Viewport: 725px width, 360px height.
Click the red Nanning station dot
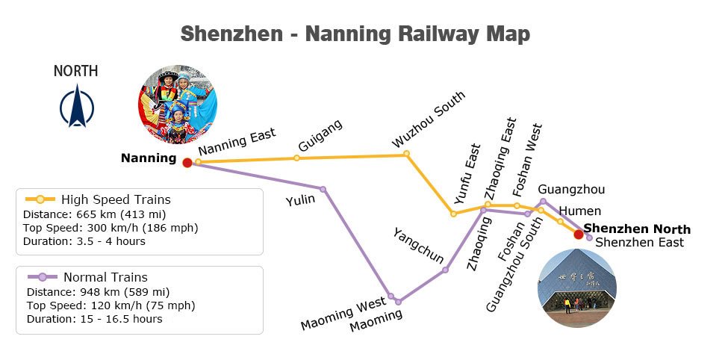point(187,162)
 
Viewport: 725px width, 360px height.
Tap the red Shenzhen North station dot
point(578,234)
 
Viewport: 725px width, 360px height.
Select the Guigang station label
point(320,136)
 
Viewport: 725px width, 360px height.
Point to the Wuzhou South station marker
point(406,153)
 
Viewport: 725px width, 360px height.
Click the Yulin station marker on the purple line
point(323,189)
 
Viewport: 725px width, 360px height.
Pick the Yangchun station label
point(418,246)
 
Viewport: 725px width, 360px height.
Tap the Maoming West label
point(343,314)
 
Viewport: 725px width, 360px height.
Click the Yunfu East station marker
point(453,214)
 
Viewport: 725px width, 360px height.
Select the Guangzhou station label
point(571,189)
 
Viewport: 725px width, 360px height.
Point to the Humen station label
point(580,211)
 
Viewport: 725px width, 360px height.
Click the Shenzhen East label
point(639,243)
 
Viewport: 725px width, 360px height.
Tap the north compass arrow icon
point(77,105)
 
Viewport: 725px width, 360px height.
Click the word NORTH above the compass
point(76,71)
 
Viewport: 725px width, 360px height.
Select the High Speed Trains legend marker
point(40,199)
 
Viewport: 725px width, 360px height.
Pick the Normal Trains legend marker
point(42,277)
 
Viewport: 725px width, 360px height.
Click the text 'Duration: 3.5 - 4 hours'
point(84,241)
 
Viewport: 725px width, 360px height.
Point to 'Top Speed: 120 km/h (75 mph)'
point(111,305)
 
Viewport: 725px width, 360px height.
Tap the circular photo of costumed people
point(178,105)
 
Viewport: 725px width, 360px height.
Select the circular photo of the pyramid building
point(576,288)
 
